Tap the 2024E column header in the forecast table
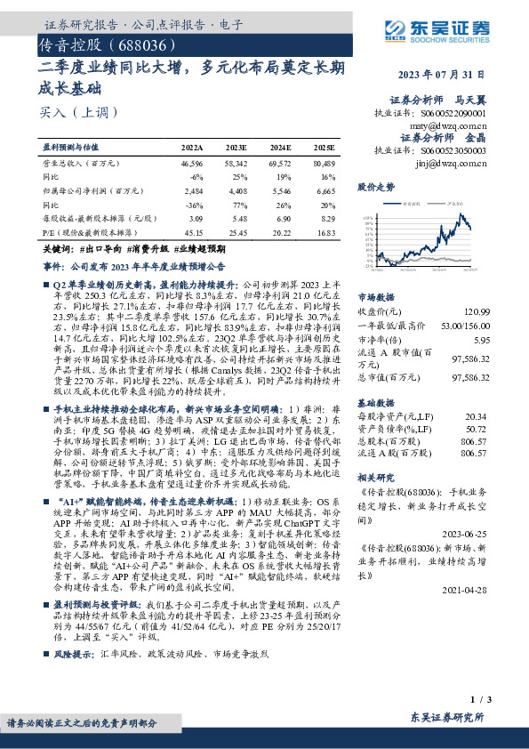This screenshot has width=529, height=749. pyautogui.click(x=280, y=147)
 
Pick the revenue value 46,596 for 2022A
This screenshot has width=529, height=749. pyautogui.click(x=192, y=165)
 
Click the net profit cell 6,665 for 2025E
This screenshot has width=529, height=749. pyautogui.click(x=325, y=191)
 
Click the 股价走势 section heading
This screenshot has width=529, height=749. pyautogui.click(x=375, y=189)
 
